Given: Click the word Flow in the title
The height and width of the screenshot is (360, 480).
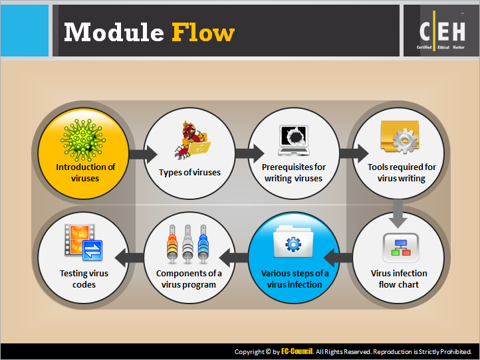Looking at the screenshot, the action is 203,32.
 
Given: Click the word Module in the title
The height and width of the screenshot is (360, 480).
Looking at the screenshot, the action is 114,32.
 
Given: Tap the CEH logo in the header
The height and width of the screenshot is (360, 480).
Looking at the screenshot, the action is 442,31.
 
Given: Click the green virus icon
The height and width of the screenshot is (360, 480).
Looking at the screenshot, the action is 83,140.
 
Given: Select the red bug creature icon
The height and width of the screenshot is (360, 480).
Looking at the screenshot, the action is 192,140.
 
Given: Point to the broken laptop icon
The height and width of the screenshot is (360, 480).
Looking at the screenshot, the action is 294,140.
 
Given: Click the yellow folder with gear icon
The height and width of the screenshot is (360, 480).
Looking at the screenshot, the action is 400,137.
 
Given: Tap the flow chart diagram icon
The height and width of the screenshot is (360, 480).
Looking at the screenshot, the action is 401,248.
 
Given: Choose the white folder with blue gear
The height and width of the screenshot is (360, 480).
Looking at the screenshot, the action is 293,242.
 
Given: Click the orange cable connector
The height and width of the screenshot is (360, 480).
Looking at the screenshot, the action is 172,244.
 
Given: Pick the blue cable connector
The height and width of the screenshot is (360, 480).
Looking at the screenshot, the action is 203,244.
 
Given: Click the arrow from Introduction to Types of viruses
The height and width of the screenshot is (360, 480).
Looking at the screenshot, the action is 143,154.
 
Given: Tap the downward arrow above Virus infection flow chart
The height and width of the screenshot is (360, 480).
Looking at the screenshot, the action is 398,214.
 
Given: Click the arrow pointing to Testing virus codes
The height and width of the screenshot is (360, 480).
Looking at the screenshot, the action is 129,258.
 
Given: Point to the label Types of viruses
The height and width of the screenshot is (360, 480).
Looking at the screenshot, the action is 189,173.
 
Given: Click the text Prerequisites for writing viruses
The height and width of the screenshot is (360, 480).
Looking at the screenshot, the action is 294,173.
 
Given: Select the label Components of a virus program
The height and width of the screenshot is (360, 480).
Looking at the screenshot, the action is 189,279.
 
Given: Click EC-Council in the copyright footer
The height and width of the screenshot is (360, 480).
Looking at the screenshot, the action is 297,351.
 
